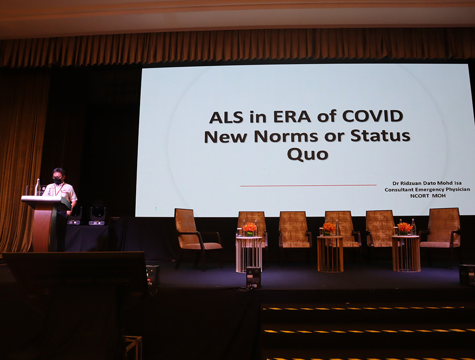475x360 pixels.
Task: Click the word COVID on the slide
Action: tap(372, 116)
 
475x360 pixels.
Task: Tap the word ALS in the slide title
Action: tap(226, 117)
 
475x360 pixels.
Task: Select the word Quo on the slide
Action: tap(307, 154)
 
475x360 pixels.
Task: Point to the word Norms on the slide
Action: tap(286, 136)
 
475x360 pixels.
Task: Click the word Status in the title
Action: tap(380, 136)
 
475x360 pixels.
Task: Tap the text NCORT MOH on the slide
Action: tap(427, 196)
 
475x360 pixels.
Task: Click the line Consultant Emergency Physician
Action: tap(427, 190)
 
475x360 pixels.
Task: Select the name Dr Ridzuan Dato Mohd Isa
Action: tap(427, 183)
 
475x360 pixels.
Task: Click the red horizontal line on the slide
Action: tap(308, 185)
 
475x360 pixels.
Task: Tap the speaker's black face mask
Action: tap(58, 181)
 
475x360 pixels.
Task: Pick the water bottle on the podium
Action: tap(38, 187)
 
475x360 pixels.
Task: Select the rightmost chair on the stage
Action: tap(441, 234)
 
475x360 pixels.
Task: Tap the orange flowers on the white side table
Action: tap(249, 227)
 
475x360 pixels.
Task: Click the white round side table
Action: tap(249, 255)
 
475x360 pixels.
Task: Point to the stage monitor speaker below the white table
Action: tap(253, 277)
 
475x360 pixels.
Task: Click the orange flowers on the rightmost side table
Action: tap(405, 227)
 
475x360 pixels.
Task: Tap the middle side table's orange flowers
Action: tap(330, 227)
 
